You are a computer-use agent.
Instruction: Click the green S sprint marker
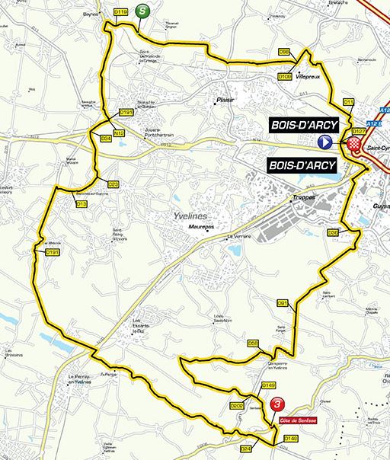(142, 11)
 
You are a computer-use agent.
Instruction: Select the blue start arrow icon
(325, 142)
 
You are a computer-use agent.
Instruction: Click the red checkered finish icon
(353, 143)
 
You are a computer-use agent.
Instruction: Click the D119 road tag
(120, 13)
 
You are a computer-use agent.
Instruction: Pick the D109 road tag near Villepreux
(285, 76)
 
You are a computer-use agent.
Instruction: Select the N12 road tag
(118, 133)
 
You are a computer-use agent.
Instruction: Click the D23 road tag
(113, 184)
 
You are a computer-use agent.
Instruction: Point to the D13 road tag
(82, 204)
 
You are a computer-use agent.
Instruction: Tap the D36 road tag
(333, 232)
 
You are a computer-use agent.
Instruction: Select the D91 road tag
(282, 302)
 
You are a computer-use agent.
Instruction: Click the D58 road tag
(254, 343)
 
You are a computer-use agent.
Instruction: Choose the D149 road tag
(268, 386)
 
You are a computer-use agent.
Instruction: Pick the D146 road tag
(290, 438)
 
